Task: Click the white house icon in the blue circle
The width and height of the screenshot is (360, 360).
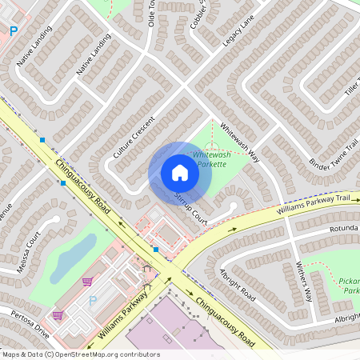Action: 180,173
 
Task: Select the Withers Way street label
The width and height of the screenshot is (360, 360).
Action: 303,281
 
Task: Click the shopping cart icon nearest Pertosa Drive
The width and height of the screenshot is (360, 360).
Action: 58,314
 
